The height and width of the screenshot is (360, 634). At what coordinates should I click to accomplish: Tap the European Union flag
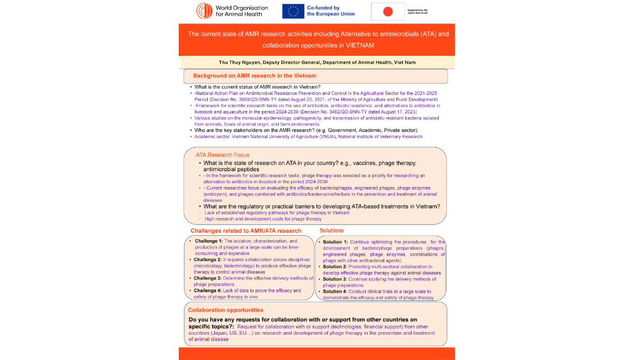(x=293, y=11)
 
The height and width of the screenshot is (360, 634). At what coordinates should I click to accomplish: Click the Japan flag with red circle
(x=388, y=11)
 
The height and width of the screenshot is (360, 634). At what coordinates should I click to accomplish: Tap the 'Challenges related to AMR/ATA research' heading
(x=246, y=231)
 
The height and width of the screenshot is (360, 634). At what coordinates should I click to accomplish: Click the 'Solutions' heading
(x=332, y=231)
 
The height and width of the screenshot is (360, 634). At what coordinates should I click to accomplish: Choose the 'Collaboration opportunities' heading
(x=226, y=310)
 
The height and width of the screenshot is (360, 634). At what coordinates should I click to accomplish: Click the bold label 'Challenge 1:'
(x=209, y=241)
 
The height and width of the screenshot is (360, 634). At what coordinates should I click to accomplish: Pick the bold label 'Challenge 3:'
(x=209, y=278)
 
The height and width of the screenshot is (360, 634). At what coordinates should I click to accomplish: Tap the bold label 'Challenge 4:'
(x=209, y=290)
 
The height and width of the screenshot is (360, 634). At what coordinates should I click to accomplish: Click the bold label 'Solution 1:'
(x=335, y=242)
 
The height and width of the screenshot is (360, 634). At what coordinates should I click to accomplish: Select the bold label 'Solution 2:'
(x=335, y=267)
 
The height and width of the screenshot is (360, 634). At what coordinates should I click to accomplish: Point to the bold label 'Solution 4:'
(x=335, y=291)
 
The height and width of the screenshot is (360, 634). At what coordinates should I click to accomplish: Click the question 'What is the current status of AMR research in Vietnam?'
(x=257, y=87)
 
